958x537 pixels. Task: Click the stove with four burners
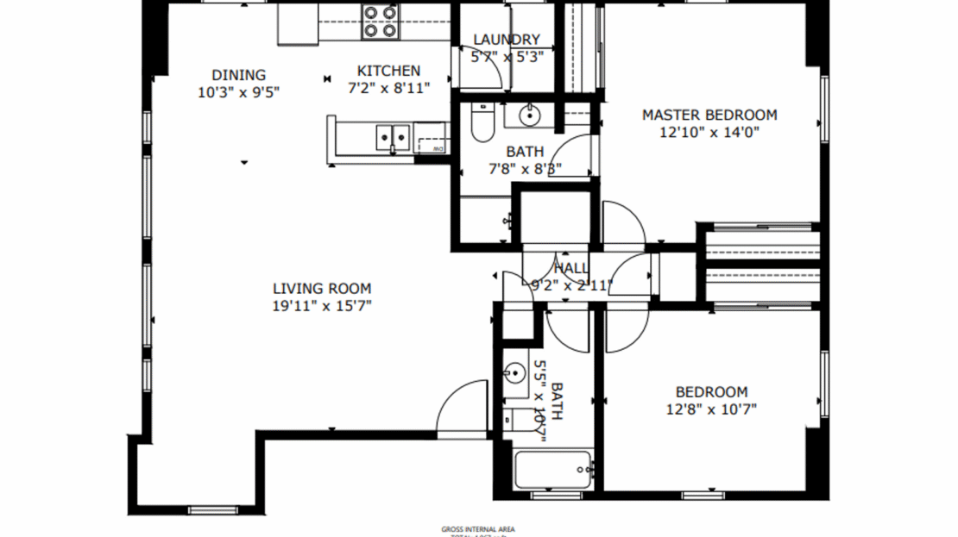pyautogui.click(x=381, y=22)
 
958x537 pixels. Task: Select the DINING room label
pyautogui.click(x=239, y=75)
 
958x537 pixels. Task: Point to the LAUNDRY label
pyautogui.click(x=507, y=40)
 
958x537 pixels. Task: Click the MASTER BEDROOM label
pyautogui.click(x=709, y=115)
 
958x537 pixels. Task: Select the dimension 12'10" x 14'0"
pyautogui.click(x=709, y=133)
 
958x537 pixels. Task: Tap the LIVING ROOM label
pyautogui.click(x=322, y=289)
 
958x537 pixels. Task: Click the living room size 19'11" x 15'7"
pyautogui.click(x=322, y=306)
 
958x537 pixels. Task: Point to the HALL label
pyautogui.click(x=571, y=268)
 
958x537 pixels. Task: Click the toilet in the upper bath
pyautogui.click(x=482, y=124)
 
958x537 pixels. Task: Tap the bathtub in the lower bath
pyautogui.click(x=553, y=470)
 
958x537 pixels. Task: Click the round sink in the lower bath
pyautogui.click(x=514, y=374)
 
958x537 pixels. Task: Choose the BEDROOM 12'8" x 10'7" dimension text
pyautogui.click(x=711, y=409)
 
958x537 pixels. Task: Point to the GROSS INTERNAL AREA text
pyautogui.click(x=478, y=529)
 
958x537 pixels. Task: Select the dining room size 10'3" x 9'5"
pyautogui.click(x=239, y=91)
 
